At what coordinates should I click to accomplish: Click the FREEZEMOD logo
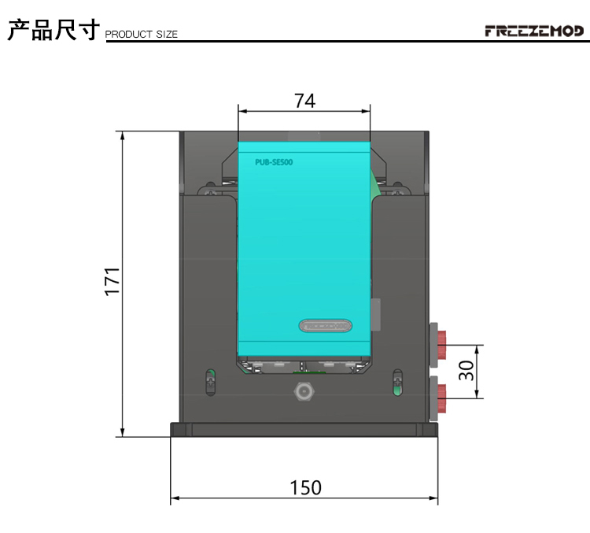click(x=534, y=31)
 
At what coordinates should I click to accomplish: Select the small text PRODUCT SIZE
click(x=142, y=34)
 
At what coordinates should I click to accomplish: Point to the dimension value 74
click(x=304, y=101)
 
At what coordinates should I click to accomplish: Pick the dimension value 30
click(x=467, y=371)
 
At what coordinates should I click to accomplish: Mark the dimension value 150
click(x=304, y=487)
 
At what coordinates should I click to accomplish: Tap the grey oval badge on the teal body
click(x=326, y=325)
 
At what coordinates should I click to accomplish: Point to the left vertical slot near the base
click(x=210, y=381)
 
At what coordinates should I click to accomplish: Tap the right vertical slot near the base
click(x=397, y=381)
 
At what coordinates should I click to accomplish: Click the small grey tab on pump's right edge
click(x=375, y=313)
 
